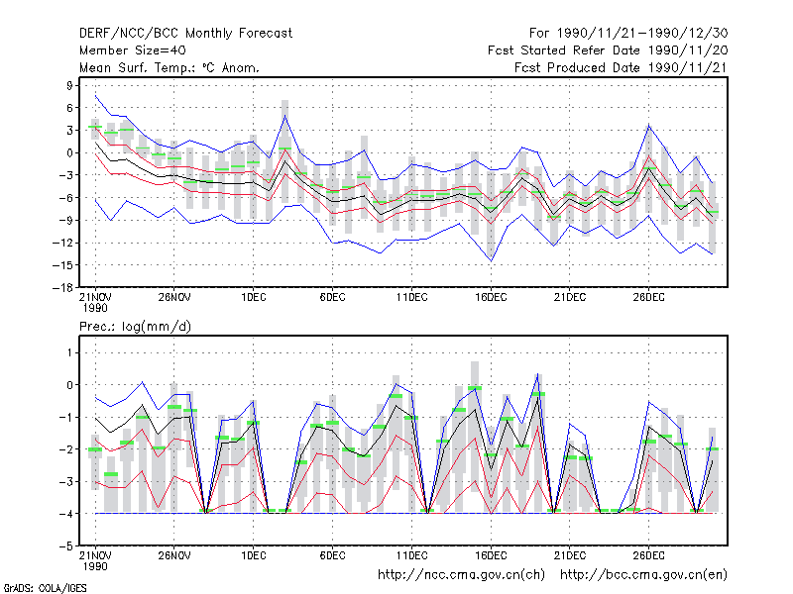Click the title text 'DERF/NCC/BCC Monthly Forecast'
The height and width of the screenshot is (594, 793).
pyautogui.click(x=185, y=34)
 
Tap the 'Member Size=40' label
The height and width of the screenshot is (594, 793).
pyautogui.click(x=133, y=50)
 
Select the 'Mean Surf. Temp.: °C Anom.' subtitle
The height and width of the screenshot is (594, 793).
pyautogui.click(x=170, y=67)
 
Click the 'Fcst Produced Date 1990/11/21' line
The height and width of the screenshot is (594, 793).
pyautogui.click(x=622, y=67)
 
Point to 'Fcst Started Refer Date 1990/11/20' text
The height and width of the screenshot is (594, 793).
pyautogui.click(x=608, y=50)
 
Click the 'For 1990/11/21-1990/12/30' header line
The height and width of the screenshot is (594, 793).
pyautogui.click(x=628, y=34)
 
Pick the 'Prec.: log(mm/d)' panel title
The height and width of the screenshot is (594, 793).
pyautogui.click(x=135, y=327)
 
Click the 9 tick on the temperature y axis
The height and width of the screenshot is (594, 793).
pyautogui.click(x=69, y=85)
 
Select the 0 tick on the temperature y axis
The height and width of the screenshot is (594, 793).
pyautogui.click(x=69, y=152)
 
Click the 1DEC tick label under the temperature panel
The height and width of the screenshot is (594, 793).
pyautogui.click(x=254, y=298)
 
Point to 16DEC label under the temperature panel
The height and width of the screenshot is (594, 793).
pyautogui.click(x=491, y=298)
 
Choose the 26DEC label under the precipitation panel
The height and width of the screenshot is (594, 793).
pyautogui.click(x=649, y=555)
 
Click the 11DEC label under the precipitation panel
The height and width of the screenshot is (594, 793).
pyautogui.click(x=411, y=555)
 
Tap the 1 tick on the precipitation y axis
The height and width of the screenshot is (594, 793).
pyautogui.click(x=69, y=352)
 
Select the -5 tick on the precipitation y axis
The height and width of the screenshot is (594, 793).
pyautogui.click(x=66, y=546)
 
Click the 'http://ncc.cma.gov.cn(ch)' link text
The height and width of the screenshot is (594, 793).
pyautogui.click(x=461, y=575)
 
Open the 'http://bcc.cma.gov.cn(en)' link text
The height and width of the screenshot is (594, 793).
pyautogui.click(x=643, y=575)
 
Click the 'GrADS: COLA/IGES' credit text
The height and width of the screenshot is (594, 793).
pyautogui.click(x=45, y=588)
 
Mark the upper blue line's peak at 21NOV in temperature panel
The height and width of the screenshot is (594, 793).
pyautogui.click(x=95, y=95)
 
